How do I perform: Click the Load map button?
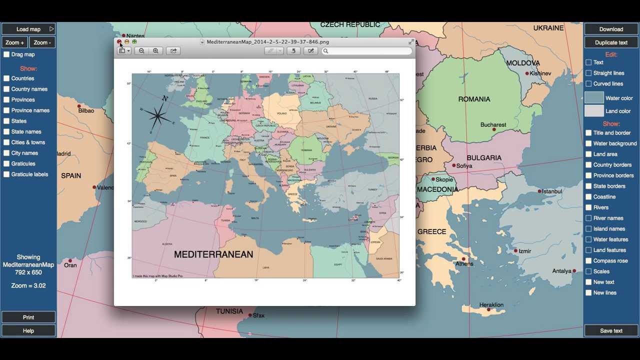(x=28, y=29)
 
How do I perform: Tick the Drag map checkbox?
(x=6, y=54)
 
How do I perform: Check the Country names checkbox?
(x=6, y=89)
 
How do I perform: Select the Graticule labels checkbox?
(x=6, y=174)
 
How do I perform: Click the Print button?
(x=28, y=317)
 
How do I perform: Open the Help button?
(x=28, y=330)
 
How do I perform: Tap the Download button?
(x=611, y=29)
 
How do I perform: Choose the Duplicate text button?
(x=611, y=42)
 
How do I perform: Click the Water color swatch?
(x=594, y=98)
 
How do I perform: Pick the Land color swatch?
(x=594, y=111)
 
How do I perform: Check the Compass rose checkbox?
(x=588, y=261)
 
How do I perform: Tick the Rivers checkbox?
(x=588, y=207)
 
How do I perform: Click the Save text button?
(x=611, y=330)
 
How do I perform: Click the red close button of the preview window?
(x=119, y=42)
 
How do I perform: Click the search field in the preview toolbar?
(x=368, y=51)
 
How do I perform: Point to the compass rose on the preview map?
(x=158, y=116)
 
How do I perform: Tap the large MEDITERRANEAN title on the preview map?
(x=213, y=254)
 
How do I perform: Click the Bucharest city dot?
(x=494, y=129)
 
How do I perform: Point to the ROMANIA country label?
(x=474, y=99)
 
